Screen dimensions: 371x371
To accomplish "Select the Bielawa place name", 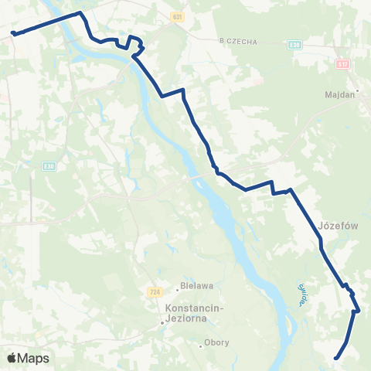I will [196, 284].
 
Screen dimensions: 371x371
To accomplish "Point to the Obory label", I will [216, 342].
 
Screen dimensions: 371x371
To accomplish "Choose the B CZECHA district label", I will [238, 41].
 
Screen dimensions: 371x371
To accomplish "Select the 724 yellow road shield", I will [155, 292].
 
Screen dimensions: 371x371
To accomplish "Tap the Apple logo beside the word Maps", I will [12, 358].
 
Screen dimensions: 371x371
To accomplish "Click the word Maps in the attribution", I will [33, 358].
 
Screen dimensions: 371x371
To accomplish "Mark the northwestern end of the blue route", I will [13, 32].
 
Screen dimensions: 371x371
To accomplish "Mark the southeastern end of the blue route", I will [336, 357].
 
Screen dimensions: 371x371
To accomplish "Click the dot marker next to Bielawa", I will [177, 290].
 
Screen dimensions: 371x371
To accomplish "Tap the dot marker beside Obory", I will [200, 346].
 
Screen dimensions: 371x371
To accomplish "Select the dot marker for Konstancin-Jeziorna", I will [163, 323].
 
